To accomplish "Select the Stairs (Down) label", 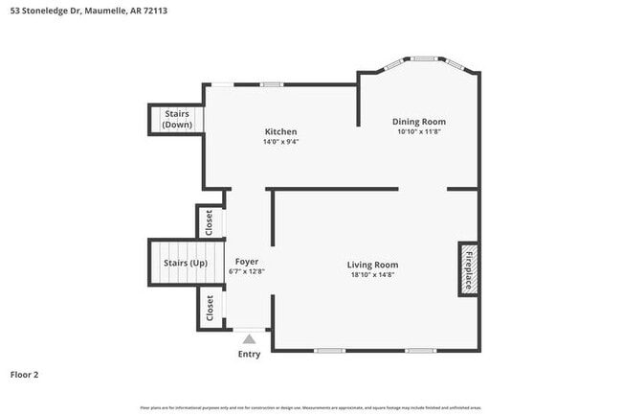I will coord(175,120).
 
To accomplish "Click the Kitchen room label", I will coord(280,131).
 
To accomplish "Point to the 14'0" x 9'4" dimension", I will coord(280,142).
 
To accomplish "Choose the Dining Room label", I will coord(419,122).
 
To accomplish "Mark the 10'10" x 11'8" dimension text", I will coord(419,132).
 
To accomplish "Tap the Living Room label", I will coord(372,265).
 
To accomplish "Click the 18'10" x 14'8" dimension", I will coord(372,275).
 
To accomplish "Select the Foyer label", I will coord(246,261).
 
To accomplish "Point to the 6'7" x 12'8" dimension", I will coord(246,271).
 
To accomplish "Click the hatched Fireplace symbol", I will coord(469,269).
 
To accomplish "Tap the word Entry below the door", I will coord(249,355).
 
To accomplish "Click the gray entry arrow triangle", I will coord(249,338).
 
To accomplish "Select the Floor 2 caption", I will coord(25,374).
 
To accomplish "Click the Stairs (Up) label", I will coord(186,263).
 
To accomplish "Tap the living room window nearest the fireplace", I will coord(420,351).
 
